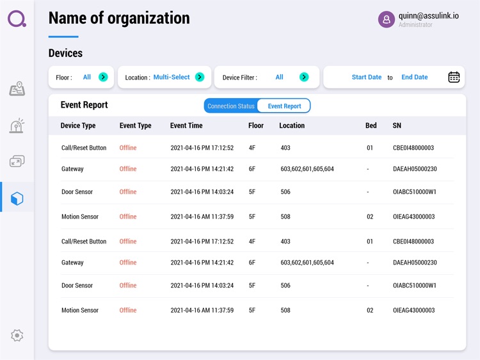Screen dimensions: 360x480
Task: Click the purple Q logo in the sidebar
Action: [x=17, y=18]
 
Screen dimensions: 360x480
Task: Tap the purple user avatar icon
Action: [x=387, y=20]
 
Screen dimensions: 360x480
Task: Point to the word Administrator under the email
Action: [x=415, y=26]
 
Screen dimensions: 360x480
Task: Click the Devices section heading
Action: [x=65, y=53]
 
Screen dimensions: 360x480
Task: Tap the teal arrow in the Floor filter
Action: [x=103, y=77]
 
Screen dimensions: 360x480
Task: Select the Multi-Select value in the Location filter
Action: [x=172, y=77]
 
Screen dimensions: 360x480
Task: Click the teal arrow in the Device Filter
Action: [x=304, y=77]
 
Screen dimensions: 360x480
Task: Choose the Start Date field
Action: [x=367, y=77]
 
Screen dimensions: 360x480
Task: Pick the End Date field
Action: [x=414, y=77]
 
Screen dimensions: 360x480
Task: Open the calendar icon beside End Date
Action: [x=454, y=77]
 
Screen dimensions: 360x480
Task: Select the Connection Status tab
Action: [x=230, y=106]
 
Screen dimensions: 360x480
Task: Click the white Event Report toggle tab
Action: [x=284, y=106]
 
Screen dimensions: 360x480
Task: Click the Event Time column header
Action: [x=186, y=126]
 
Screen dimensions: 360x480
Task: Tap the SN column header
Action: [x=397, y=126]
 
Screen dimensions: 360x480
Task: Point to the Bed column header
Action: [x=371, y=126]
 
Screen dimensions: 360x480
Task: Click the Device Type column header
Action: [x=78, y=126]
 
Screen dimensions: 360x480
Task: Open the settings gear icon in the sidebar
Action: [x=17, y=335]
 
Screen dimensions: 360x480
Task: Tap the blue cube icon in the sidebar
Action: [x=17, y=198]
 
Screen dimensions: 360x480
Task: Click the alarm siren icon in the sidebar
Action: [x=17, y=126]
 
